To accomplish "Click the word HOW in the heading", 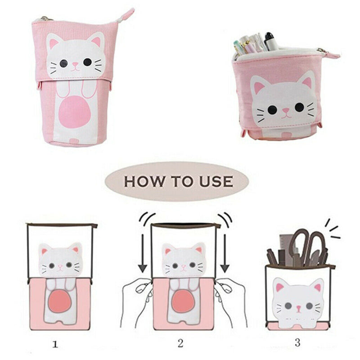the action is [144, 181].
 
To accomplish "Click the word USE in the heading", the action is [216, 181].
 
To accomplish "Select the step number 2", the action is [180, 343].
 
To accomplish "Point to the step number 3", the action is [297, 342].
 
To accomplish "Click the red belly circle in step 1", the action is [60, 301].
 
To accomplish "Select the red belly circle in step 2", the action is [183, 301].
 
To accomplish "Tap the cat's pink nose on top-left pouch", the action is [75, 64].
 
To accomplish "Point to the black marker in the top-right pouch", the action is [271, 41].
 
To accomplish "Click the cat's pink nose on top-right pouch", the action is [286, 110].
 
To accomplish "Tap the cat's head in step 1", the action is [60, 260].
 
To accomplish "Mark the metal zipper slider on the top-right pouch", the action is [321, 50].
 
